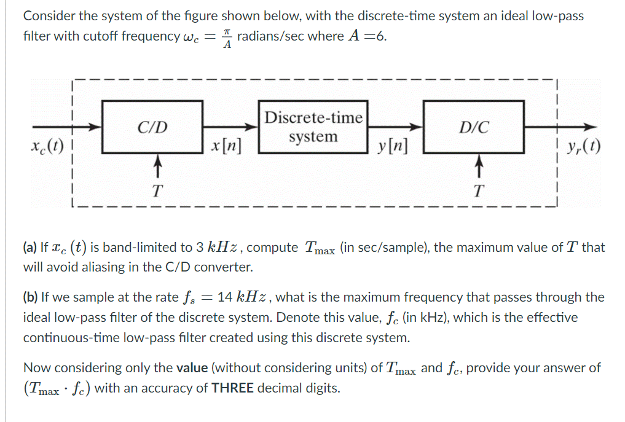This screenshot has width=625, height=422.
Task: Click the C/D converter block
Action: click(x=152, y=127)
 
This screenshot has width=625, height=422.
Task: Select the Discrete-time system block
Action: click(x=313, y=127)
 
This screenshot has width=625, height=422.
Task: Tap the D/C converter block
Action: click(x=474, y=127)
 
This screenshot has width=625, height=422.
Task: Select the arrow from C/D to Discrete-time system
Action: click(x=230, y=127)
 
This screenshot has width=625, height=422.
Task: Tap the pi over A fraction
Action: click(x=226, y=37)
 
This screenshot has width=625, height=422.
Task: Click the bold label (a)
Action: click(x=30, y=248)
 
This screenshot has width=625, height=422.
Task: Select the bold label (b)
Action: click(x=30, y=297)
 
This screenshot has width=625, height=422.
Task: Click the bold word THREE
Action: click(x=233, y=388)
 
